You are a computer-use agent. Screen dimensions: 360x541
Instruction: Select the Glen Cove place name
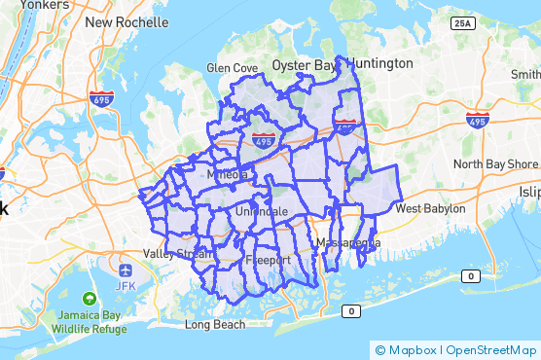tap(232, 68)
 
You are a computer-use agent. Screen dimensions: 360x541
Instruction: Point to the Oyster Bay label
tap(303, 65)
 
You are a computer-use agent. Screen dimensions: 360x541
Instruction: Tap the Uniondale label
tap(258, 211)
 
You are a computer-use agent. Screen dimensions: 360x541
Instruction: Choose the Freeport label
tap(268, 261)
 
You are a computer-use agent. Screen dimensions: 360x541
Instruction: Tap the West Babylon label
tap(430, 209)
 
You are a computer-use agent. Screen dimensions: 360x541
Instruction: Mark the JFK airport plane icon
tap(126, 269)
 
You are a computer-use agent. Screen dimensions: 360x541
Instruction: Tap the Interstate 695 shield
tap(102, 98)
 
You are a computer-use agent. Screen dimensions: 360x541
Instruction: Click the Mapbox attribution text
tap(414, 349)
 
